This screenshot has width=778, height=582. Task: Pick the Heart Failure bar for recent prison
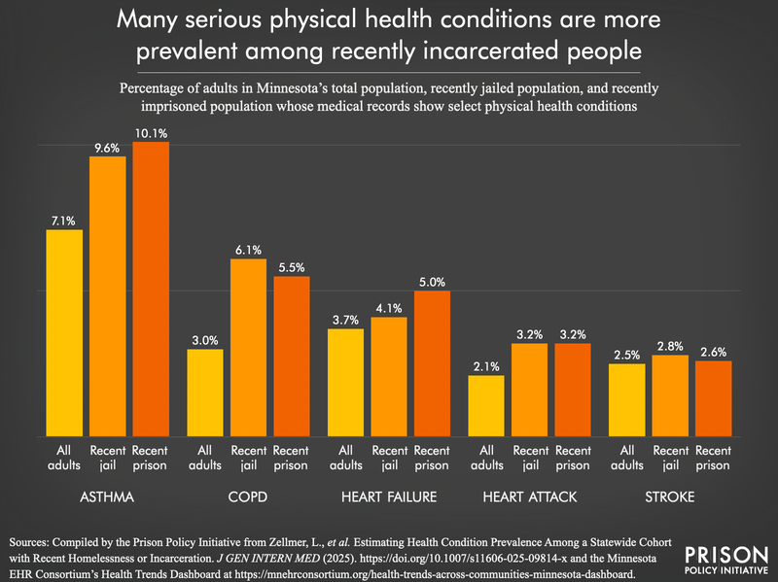432,363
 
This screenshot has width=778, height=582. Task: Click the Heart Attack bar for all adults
486,405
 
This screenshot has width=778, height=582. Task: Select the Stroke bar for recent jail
670,395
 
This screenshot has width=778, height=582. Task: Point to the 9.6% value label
108,148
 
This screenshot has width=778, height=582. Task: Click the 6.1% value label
248,250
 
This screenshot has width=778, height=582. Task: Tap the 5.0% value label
432,282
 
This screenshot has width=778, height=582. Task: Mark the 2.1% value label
486,366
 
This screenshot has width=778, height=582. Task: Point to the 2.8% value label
670,346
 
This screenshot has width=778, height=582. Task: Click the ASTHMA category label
108,496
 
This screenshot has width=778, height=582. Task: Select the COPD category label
248,496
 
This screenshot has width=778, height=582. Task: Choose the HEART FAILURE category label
389,496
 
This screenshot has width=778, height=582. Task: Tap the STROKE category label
670,496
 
